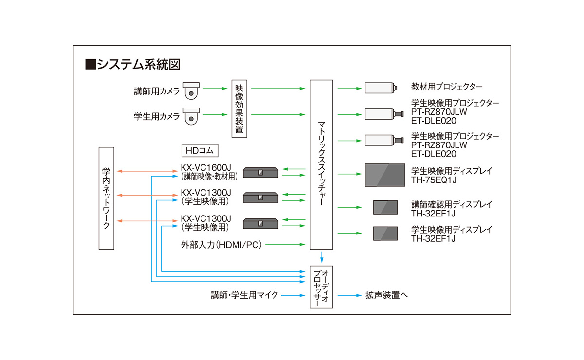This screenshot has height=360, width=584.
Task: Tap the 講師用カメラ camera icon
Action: click(191, 90)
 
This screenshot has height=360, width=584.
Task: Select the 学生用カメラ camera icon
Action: click(191, 116)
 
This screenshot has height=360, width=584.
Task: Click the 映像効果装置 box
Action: click(239, 109)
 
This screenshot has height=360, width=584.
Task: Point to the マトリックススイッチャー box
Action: click(321, 165)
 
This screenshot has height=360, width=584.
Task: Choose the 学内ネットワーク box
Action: click(106, 198)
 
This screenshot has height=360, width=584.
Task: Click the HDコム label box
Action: click(199, 150)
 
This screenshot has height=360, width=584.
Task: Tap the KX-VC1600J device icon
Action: click(260, 172)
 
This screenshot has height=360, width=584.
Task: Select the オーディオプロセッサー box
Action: click(321, 287)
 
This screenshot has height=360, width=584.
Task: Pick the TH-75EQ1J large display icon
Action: click(385, 175)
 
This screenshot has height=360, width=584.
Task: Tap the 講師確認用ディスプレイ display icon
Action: click(385, 208)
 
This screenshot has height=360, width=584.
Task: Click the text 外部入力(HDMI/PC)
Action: click(220, 245)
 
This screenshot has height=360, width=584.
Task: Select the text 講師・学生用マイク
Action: click(245, 295)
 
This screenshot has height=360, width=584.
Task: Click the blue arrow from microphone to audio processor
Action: click(293, 295)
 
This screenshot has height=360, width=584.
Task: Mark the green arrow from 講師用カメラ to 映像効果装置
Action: click(216, 89)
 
